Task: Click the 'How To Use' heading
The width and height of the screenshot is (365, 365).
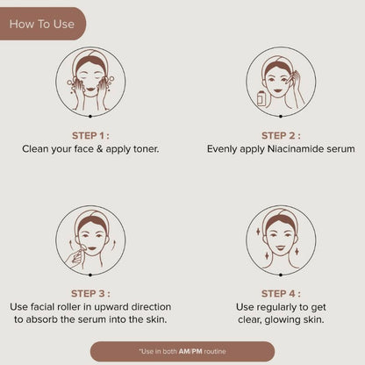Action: (x=42, y=24)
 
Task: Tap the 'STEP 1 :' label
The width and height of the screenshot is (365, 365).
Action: (x=90, y=136)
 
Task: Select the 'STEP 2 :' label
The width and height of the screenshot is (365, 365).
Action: (x=281, y=136)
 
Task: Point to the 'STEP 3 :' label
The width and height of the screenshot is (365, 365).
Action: (x=90, y=294)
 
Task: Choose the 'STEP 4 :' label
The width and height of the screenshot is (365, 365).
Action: (x=281, y=294)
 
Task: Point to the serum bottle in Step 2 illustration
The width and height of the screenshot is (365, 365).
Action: (x=261, y=98)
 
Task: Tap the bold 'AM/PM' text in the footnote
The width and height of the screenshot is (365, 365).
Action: (x=190, y=351)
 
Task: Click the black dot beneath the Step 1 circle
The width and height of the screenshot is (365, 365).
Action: (x=90, y=117)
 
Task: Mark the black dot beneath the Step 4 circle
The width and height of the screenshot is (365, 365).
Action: (x=281, y=275)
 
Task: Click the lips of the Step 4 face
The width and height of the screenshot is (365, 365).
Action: (x=281, y=248)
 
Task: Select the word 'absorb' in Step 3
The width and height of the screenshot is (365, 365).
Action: (x=42, y=319)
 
